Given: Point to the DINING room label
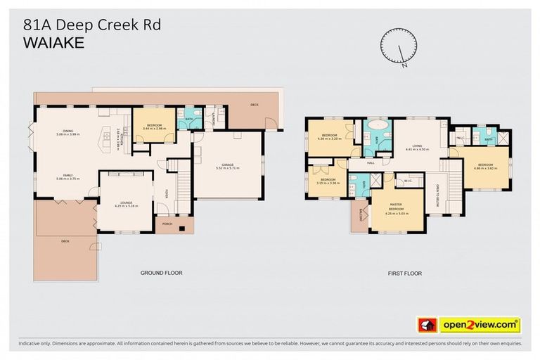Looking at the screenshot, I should pos(68,131).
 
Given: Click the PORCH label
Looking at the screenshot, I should pos(167,225).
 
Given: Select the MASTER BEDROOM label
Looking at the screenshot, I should pos(397,209).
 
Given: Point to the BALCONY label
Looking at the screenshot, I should pos(360,218).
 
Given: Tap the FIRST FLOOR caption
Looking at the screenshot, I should pos(405,272).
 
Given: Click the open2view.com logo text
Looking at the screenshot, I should pos(480,325).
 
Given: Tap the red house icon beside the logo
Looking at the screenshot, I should pos(425,325).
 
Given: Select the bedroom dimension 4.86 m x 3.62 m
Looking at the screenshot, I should pos(485,168).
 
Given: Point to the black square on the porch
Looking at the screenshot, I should pos(181,227).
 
